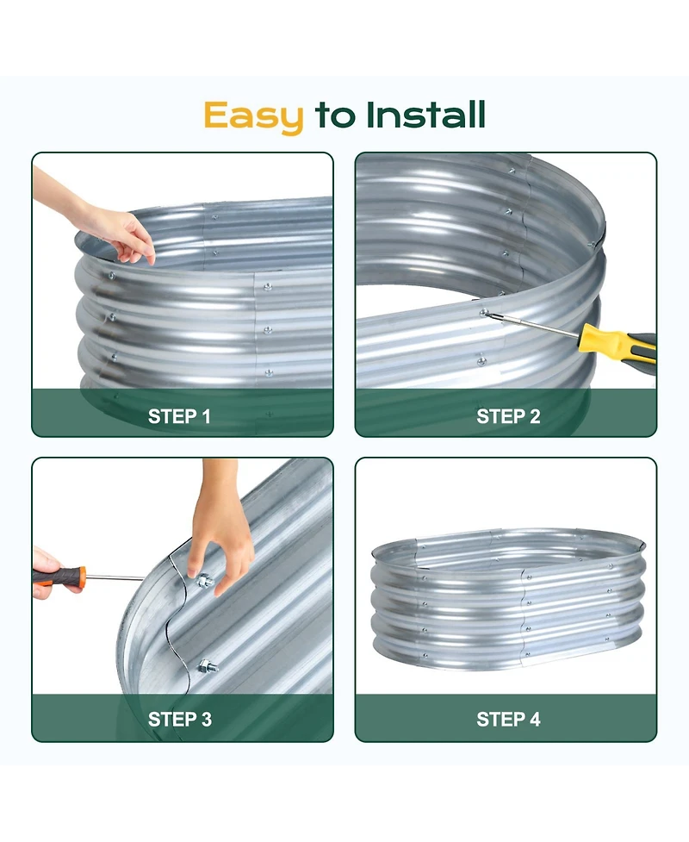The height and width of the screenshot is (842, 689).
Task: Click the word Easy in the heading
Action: tap(253, 115)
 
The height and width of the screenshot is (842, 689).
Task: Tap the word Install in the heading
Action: tap(425, 115)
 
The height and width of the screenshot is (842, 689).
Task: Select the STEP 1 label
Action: tap(179, 417)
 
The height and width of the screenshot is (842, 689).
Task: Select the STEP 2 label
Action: tap(508, 417)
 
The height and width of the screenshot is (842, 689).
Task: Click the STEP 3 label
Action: tap(179, 719)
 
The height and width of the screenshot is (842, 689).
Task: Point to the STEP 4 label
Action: tap(508, 719)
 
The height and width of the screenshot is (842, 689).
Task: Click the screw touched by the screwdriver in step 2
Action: tap(484, 313)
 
